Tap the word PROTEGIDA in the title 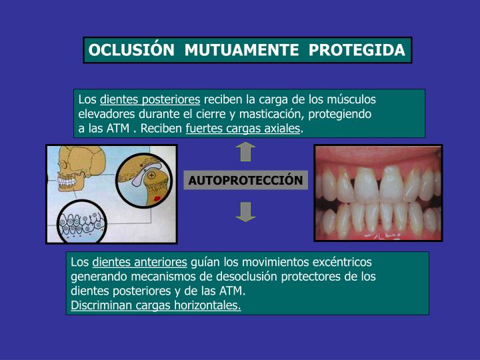tap(365, 51)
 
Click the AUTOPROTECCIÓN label tap(245, 181)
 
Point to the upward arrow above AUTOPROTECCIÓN tap(245, 152)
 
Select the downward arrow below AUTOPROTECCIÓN tap(245, 211)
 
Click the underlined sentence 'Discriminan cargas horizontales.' tap(156, 305)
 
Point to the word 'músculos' tap(353, 99)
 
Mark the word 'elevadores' tap(105, 114)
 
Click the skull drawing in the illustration tap(73, 170)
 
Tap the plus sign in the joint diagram tap(151, 174)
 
